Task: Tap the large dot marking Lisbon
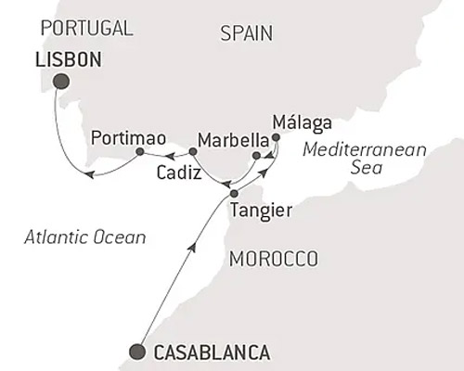coord(62,83)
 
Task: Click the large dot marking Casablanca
coord(138,351)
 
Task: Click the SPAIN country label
coord(248,34)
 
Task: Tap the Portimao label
coord(128,137)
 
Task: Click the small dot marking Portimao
coord(139,151)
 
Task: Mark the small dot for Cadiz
coord(192,151)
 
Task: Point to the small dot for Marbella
coord(256,155)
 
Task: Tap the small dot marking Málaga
coord(276,137)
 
